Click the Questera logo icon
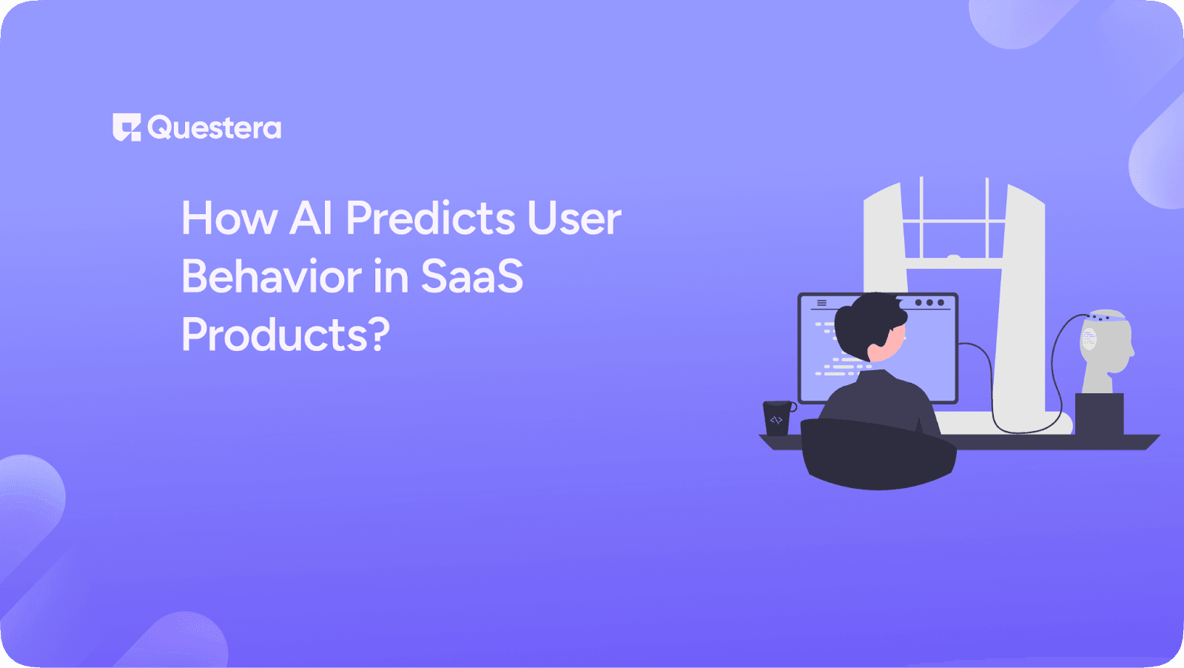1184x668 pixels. [126, 127]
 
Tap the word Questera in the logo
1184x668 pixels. [214, 128]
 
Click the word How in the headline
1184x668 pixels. [229, 218]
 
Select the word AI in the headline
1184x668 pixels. [311, 218]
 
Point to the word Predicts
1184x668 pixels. [431, 218]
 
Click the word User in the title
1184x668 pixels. [574, 218]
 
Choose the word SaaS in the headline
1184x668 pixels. [471, 276]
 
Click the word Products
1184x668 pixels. [274, 335]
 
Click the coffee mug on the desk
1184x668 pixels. [777, 418]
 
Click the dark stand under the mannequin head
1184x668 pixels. [1099, 414]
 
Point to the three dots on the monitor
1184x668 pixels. [929, 303]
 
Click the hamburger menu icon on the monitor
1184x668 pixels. [821, 303]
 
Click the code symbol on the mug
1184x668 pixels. [776, 420]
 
